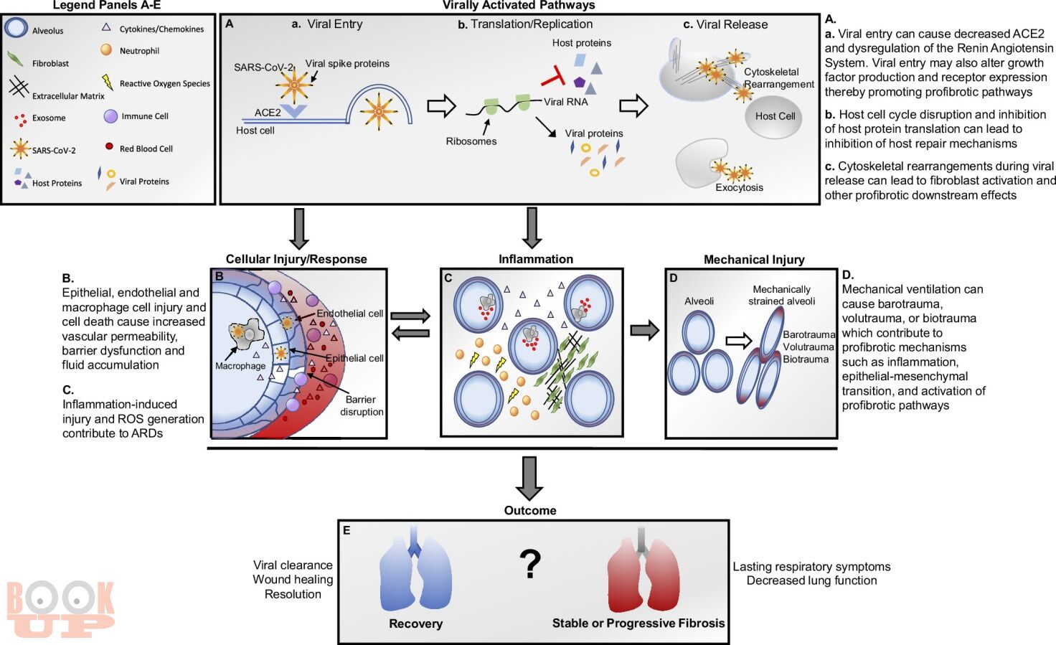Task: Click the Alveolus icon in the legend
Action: coord(16,28)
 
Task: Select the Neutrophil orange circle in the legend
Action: coord(107,50)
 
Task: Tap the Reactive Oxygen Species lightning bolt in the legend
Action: coord(108,82)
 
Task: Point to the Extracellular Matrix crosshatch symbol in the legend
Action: coord(19,87)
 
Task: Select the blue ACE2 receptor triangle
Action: coord(293,110)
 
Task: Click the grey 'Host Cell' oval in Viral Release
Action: coord(773,116)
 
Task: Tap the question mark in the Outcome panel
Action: coord(530,565)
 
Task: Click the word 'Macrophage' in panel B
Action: coord(240,366)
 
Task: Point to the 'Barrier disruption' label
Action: coord(362,405)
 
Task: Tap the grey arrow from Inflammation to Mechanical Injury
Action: coord(644,330)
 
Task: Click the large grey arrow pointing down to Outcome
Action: coord(529,478)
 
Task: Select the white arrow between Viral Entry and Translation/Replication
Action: coord(441,106)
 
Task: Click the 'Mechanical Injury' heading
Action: coord(754,260)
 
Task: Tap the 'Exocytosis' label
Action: coord(739,188)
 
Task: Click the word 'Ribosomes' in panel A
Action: coord(471,141)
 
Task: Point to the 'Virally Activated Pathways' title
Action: coord(519,5)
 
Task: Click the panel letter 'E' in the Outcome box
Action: coord(346,531)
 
